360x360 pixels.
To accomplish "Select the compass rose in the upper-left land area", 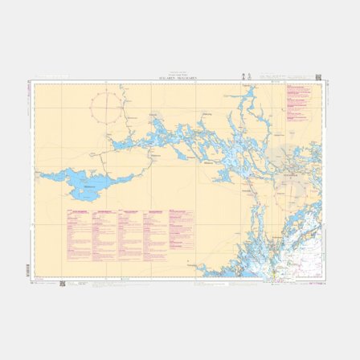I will [x=108, y=106].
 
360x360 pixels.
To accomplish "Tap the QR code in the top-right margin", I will [x=320, y=76].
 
